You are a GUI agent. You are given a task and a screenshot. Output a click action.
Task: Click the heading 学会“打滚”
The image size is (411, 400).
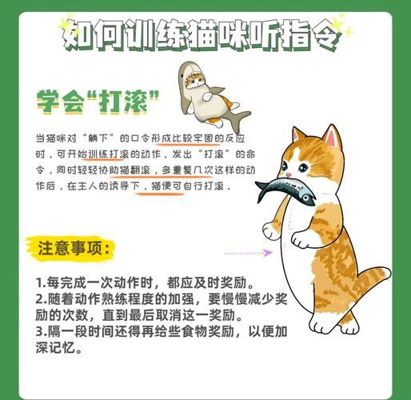coord(98,102)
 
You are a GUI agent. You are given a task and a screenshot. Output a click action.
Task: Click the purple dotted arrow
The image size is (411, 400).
coord(249,253)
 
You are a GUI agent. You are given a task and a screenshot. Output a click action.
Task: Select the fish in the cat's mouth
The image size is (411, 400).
coord(285,190)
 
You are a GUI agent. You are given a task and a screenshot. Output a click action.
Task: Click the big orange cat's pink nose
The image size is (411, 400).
coord(289,175)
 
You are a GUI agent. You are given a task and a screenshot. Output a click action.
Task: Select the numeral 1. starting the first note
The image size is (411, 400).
coord(41,282)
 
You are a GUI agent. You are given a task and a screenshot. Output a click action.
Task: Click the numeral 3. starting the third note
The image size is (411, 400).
coord(42,331)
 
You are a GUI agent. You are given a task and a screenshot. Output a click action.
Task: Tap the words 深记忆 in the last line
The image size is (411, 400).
coord(55,348)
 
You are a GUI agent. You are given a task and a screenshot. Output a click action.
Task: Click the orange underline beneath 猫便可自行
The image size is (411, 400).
coord(160,194)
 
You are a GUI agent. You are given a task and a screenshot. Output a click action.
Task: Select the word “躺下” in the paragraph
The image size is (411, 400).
coord(98,138)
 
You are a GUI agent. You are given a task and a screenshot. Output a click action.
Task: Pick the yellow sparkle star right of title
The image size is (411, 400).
coord(341,26)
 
